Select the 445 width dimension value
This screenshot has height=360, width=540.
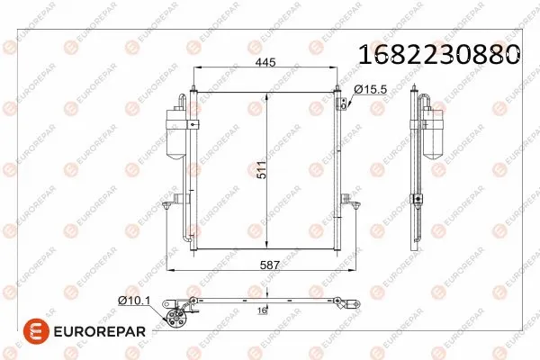265,63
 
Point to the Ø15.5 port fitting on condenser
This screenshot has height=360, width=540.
350,104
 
